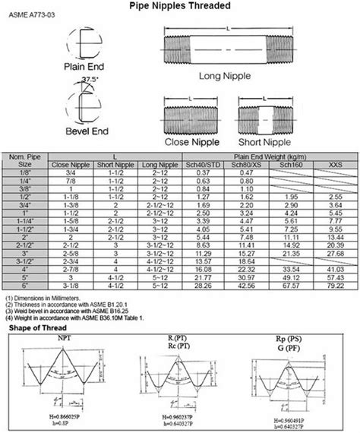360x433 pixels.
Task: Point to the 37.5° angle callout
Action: (x=94, y=77)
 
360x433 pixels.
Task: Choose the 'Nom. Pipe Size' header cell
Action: (x=25, y=158)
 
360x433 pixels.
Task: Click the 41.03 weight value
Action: (x=333, y=269)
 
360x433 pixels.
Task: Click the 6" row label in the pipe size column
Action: (x=25, y=286)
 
